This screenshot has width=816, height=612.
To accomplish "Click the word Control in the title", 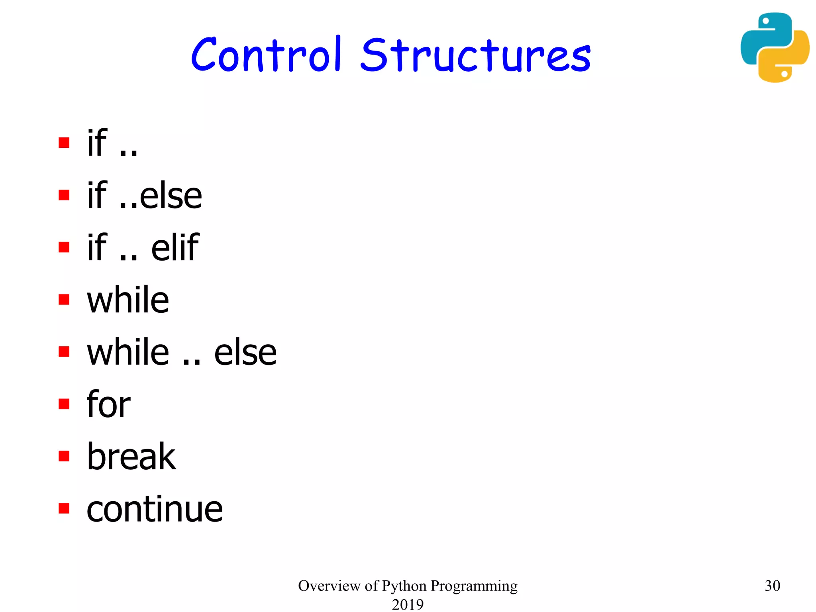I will pos(266,55).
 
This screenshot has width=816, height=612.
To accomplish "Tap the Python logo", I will pos(775,47).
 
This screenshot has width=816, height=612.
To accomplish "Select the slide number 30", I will pos(772,585).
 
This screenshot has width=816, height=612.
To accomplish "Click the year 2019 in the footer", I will pos(408,604).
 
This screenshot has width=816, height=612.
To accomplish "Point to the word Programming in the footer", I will pos(474,586).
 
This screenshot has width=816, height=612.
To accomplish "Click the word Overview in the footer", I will pos(329,585).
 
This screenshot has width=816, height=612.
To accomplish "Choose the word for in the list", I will pos(108,404).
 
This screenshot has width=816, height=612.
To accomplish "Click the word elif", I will pos(175,247).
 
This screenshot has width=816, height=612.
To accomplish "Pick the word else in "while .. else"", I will pos(245,352).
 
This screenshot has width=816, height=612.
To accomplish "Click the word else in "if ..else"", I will pos(171,196).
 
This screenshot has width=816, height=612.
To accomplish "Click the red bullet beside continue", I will pos(64,508).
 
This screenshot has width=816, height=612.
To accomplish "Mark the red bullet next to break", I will pos(64,456).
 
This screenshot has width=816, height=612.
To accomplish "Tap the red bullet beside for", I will pos(64,404).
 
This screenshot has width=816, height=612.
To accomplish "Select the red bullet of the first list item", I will pos(64,142).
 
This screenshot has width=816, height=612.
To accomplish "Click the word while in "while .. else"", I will pos(128,352).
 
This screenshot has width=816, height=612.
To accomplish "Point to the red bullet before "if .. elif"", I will pos(64,247).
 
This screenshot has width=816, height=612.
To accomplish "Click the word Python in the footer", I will pos(404,586).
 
